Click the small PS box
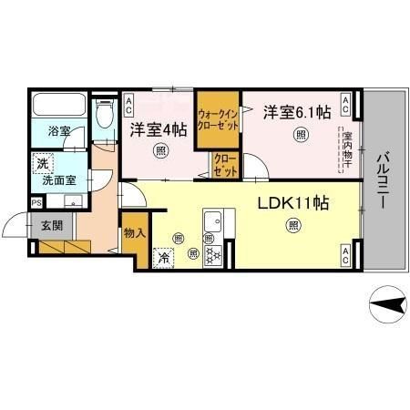[36, 202]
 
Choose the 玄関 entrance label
[51, 225]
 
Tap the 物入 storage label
[134, 233]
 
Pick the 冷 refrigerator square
[164, 258]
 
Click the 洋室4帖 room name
[159, 129]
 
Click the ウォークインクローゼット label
[219, 118]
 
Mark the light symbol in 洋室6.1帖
[301, 135]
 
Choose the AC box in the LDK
[346, 256]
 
